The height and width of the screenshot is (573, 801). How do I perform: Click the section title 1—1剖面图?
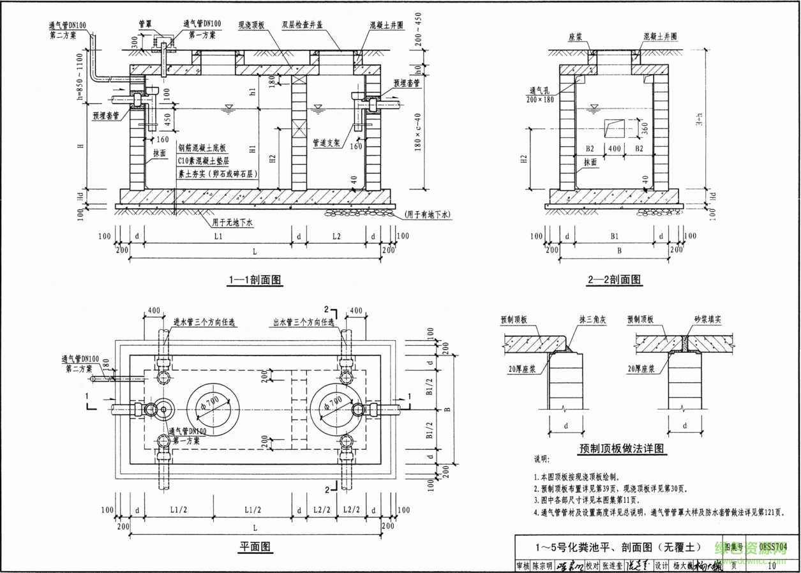point(255,279)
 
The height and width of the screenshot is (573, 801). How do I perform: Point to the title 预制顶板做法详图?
point(622,449)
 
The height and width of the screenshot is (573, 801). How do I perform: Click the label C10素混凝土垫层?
point(203,161)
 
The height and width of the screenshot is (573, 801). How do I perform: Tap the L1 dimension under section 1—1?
point(218,236)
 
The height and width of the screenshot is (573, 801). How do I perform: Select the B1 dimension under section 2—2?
point(615,236)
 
